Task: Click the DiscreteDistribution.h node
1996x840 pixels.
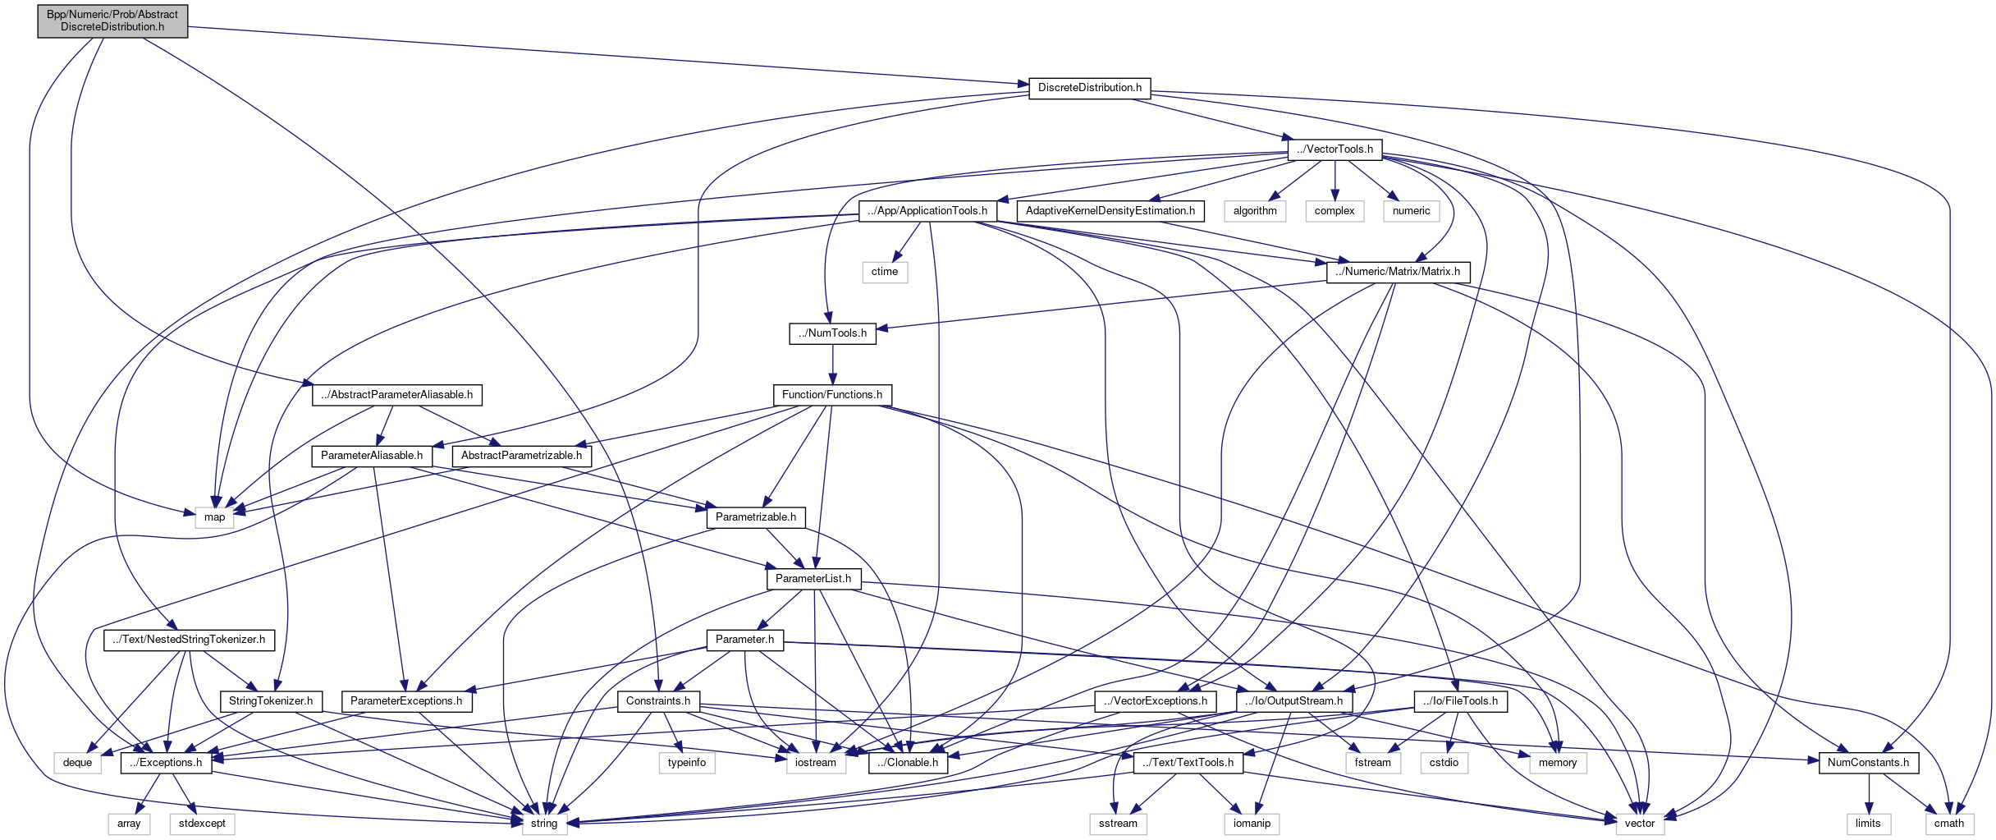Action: tap(1089, 88)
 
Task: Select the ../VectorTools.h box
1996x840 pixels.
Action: tap(1334, 149)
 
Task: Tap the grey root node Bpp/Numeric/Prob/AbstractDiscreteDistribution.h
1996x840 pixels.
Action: tap(112, 21)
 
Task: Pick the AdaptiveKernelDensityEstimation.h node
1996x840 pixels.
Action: tap(1110, 211)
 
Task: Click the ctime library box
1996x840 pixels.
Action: tap(885, 272)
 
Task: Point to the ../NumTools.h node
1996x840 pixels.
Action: tap(832, 333)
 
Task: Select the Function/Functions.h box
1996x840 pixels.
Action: tap(832, 395)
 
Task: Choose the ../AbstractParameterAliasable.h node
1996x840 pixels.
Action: tap(397, 395)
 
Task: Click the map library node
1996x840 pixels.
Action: tap(214, 517)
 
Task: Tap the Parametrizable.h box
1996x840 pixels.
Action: tap(756, 517)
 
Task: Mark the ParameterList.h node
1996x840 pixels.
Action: tap(813, 579)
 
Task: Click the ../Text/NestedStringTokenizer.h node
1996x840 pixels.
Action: tap(190, 640)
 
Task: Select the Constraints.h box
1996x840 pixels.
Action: tap(658, 701)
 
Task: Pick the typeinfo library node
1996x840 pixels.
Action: tap(687, 763)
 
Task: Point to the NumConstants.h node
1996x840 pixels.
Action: tap(1868, 763)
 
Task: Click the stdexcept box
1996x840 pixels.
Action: tap(202, 824)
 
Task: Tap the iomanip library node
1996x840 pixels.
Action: tap(1252, 824)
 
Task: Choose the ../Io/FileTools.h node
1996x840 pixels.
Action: tap(1461, 701)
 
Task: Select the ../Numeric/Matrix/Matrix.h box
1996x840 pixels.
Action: tap(1398, 272)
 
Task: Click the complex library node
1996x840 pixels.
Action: tap(1334, 211)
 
